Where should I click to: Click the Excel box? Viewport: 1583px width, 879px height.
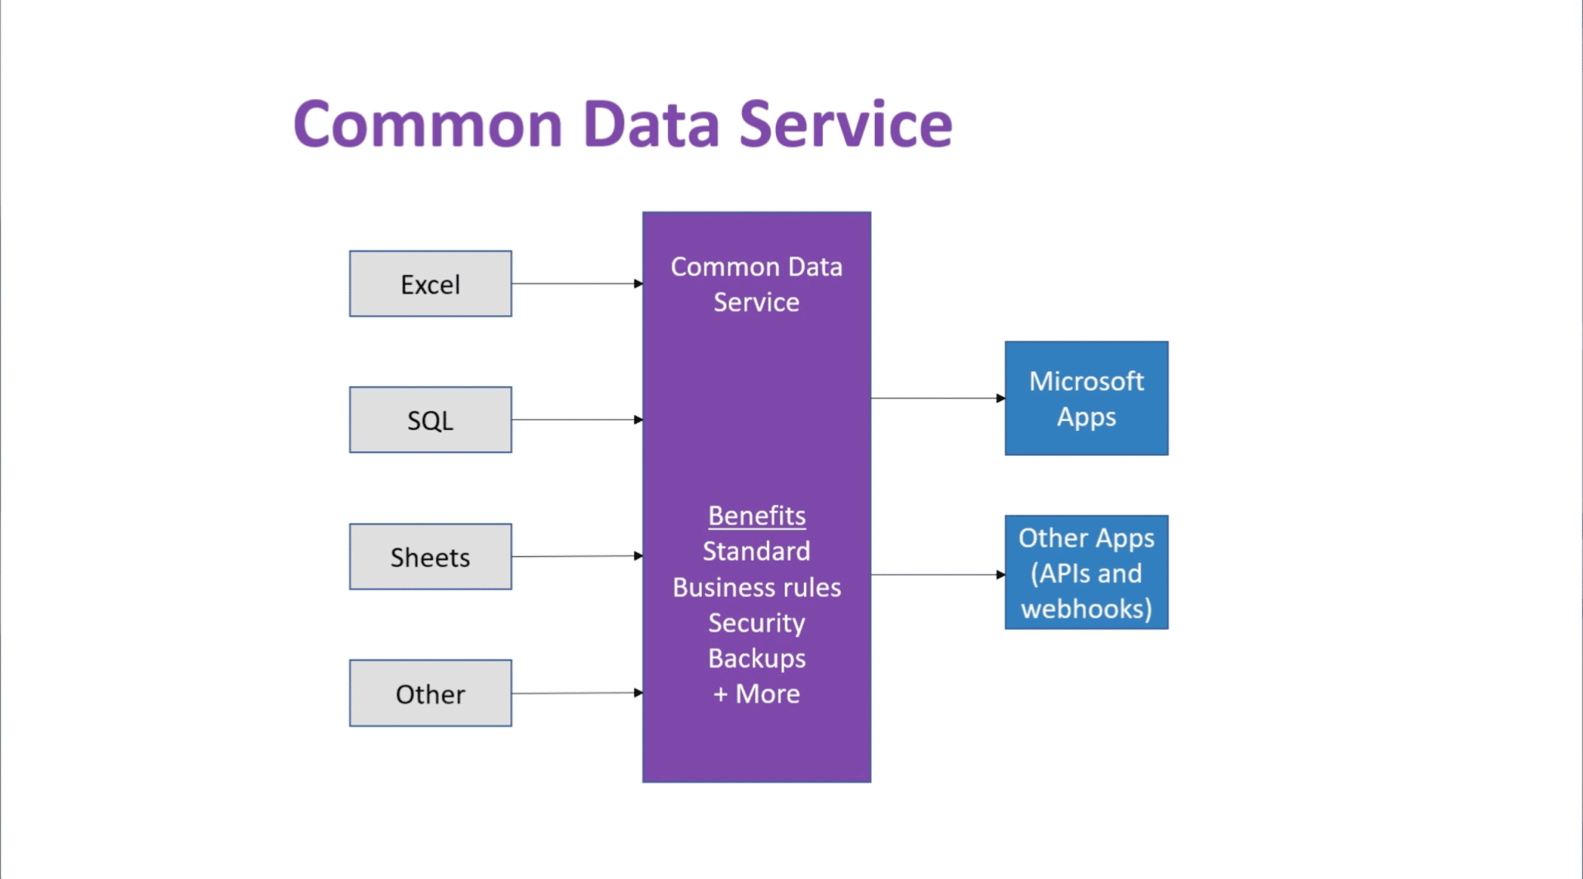tap(431, 283)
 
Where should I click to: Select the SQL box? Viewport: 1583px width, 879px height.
tap(431, 419)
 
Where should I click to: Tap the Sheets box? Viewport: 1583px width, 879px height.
tap(431, 557)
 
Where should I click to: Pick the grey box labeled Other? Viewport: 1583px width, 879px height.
tap(431, 693)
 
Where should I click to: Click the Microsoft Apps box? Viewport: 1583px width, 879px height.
tap(1087, 399)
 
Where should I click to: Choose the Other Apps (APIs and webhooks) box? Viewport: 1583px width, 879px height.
tap(1087, 572)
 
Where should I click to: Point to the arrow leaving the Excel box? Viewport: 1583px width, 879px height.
tap(577, 283)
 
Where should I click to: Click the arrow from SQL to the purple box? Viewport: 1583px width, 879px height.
tap(577, 419)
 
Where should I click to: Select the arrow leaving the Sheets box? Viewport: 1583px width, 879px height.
tap(577, 556)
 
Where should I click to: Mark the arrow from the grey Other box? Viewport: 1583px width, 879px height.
tap(577, 693)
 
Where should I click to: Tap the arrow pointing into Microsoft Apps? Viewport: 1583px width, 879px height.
tap(938, 399)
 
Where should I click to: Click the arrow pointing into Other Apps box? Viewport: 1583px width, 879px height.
tap(938, 575)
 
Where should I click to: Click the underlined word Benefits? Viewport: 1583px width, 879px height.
tap(757, 516)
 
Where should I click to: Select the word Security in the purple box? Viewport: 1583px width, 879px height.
tap(757, 623)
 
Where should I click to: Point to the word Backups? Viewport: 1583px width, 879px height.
tap(757, 658)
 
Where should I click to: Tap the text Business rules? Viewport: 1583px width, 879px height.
tap(757, 587)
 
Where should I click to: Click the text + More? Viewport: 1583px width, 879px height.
tap(757, 694)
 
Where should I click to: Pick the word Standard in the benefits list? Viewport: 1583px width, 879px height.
tap(757, 551)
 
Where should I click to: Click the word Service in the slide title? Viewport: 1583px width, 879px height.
tap(846, 124)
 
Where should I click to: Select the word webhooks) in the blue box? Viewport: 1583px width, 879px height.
tap(1087, 609)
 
